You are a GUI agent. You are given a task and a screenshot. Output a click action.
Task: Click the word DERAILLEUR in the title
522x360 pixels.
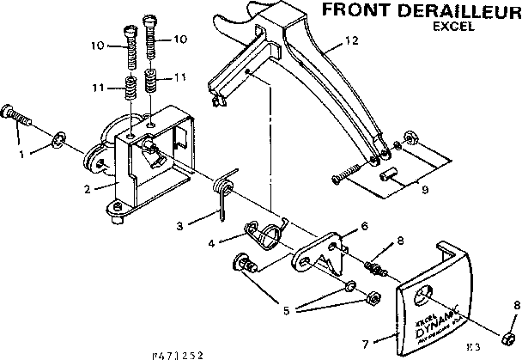452,11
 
